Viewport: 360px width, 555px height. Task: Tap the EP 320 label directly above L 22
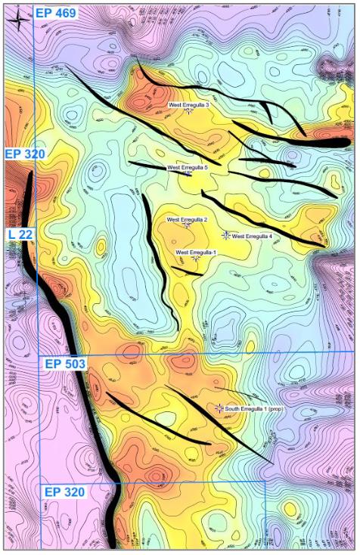(25, 154)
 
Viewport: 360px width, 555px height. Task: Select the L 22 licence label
(20, 234)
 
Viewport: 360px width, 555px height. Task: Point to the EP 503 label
(64, 364)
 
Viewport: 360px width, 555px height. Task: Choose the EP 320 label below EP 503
(64, 492)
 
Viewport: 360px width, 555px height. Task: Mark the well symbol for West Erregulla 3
(188, 112)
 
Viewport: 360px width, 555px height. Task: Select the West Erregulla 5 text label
(187, 167)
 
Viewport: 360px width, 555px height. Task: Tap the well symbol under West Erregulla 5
(188, 174)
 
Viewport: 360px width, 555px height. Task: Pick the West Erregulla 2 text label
(187, 220)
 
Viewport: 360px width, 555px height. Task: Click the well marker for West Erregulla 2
(186, 226)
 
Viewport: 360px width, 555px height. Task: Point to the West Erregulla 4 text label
(252, 236)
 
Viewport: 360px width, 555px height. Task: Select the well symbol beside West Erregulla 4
(225, 235)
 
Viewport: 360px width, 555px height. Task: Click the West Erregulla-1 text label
(196, 252)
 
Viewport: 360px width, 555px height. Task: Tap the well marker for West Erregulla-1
(196, 259)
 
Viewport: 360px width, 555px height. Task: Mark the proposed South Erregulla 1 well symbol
(219, 408)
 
